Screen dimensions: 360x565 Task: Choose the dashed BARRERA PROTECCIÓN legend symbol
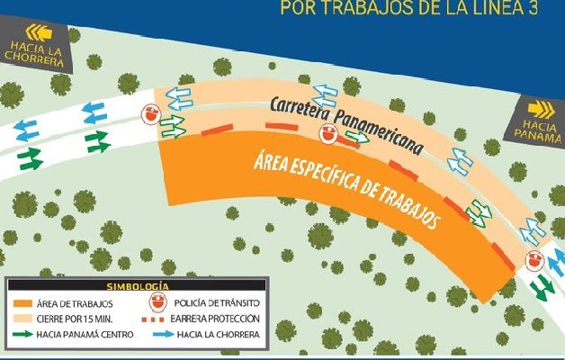tap(166, 319)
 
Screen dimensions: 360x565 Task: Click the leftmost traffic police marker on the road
tap(151, 114)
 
